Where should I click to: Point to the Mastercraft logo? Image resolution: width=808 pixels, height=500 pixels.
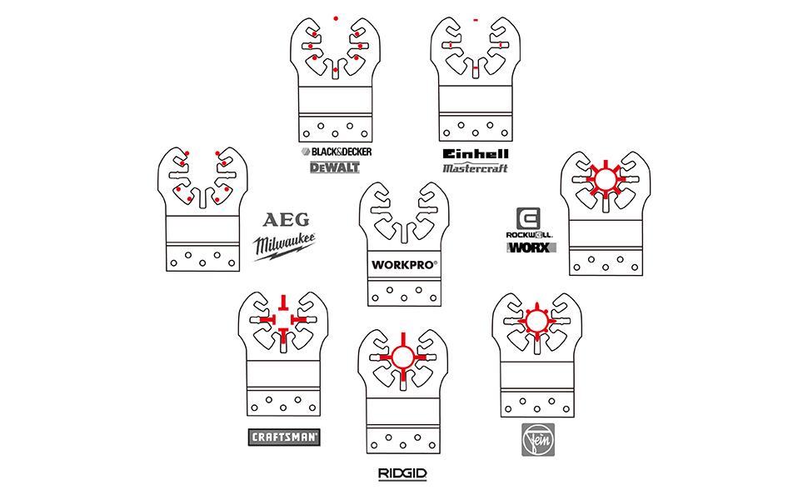tap(475, 167)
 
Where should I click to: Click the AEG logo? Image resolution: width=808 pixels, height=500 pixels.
tap(286, 220)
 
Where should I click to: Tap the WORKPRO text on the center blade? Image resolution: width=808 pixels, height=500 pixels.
tap(404, 267)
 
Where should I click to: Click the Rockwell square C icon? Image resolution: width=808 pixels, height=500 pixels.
tap(529, 219)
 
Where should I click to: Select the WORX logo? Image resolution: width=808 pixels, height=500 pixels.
tap(532, 247)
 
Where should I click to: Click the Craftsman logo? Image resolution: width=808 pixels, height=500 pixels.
tap(285, 437)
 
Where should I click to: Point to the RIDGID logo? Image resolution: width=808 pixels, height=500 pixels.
tap(402, 473)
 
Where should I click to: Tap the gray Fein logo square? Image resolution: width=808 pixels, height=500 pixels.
tap(536, 439)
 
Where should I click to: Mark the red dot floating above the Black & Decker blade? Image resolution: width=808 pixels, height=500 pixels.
tap(335, 17)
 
